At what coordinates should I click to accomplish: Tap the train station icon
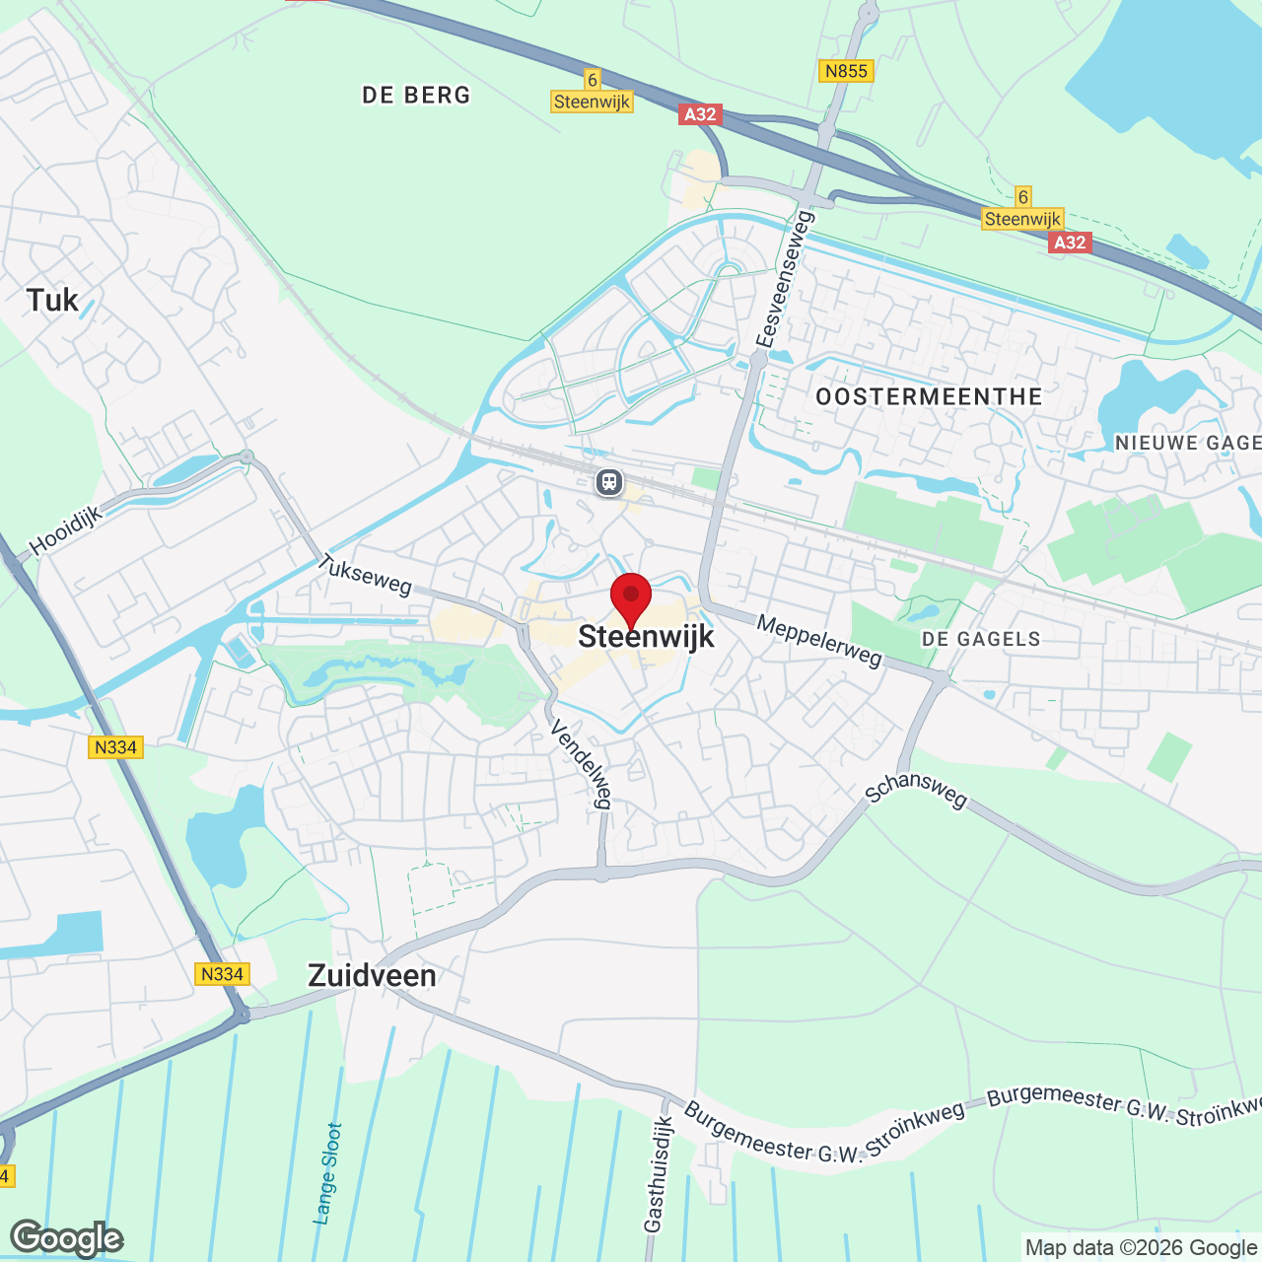coord(609,482)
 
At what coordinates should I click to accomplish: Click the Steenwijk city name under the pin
coord(646,637)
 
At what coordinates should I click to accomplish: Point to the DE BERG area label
coord(416,96)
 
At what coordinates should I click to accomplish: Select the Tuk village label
coord(52,301)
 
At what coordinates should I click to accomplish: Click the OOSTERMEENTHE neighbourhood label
coord(929,397)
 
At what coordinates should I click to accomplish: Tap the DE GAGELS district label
coord(981,639)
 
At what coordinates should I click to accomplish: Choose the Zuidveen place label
coord(372,976)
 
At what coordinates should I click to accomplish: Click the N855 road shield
coord(846,71)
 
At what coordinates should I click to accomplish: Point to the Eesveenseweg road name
coord(784,279)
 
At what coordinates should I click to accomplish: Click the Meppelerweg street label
coord(819,641)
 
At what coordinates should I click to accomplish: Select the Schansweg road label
coord(916,789)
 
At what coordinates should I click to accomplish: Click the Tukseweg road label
coord(365,575)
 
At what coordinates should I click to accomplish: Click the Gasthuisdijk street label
coord(659,1174)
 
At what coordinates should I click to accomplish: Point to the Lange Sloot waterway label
coord(327,1173)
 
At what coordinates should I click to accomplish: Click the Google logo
coord(67,1238)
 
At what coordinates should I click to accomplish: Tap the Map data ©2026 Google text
coord(1141,1248)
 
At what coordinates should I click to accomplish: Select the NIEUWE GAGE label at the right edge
coord(1187,444)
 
